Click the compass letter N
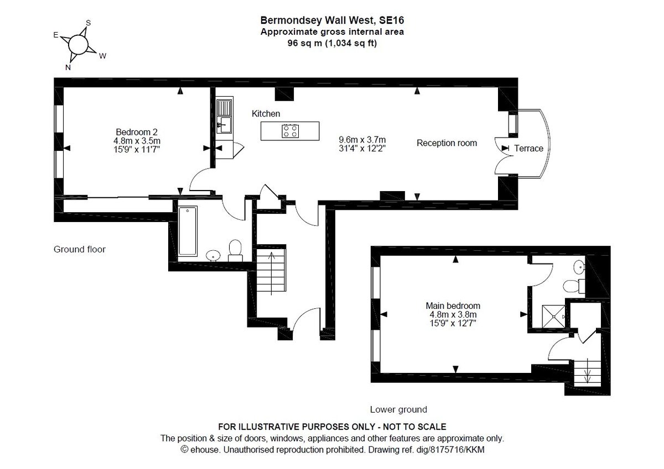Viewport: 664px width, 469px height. (x=68, y=67)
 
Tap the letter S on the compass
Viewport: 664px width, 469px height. (x=88, y=23)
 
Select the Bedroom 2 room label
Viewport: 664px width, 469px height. (x=137, y=132)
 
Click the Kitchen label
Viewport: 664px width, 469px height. (x=266, y=114)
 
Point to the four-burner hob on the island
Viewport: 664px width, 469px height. (x=290, y=131)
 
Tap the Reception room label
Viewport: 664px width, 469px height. (x=447, y=143)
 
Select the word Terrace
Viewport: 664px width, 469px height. (x=528, y=148)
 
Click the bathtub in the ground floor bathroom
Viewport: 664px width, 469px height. (x=188, y=231)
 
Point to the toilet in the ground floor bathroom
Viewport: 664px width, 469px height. (x=235, y=251)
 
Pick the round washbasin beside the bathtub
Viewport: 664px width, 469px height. (x=213, y=255)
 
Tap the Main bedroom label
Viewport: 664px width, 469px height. (x=453, y=305)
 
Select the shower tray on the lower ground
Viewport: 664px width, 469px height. (x=553, y=317)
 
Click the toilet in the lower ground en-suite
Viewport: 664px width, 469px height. (x=574, y=286)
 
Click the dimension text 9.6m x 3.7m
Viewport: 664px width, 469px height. (x=362, y=139)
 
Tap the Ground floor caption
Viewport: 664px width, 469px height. (x=80, y=249)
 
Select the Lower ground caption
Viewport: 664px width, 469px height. (x=398, y=409)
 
